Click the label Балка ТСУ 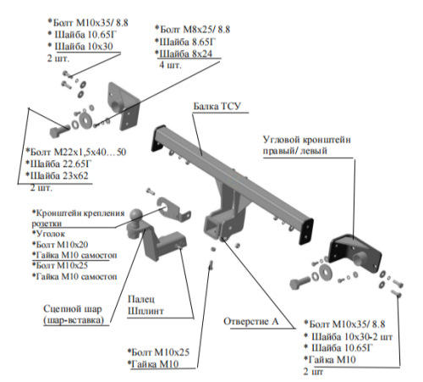pyautogui.click(x=218, y=108)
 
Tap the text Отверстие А pyautogui.click(x=250, y=321)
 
